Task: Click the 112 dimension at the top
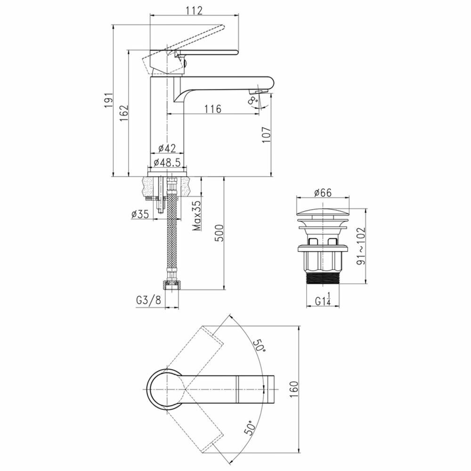pos(194,10)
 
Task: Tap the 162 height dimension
pos(124,113)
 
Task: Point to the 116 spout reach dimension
pos(213,109)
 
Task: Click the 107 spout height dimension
pos(267,135)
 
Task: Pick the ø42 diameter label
pos(167,148)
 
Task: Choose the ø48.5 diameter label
pos(167,162)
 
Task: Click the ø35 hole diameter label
pos(140,214)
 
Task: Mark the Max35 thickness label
pos(197,215)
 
